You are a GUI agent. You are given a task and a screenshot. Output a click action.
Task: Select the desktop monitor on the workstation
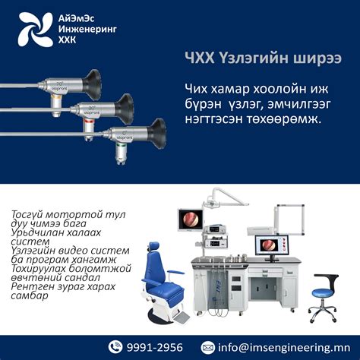click(x=268, y=245)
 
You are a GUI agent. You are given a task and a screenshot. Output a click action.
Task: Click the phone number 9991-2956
click(x=156, y=347)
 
